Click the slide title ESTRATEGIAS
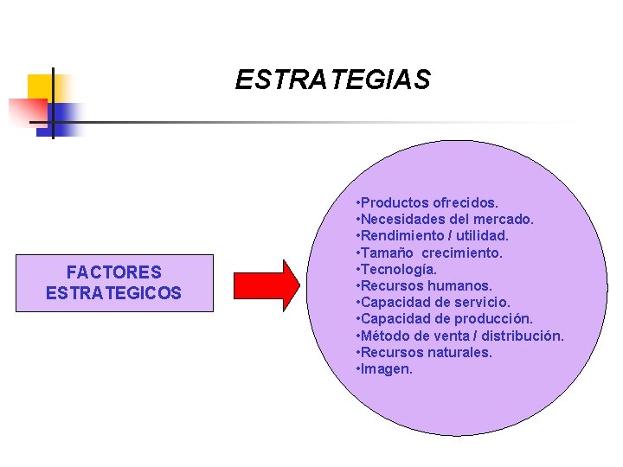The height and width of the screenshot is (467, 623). click(x=332, y=80)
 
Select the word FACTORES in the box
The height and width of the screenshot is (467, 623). click(x=113, y=273)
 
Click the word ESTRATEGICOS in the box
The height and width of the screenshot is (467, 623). click(x=113, y=293)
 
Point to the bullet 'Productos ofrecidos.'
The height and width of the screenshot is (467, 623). click(x=427, y=202)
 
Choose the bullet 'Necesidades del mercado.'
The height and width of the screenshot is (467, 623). click(x=445, y=220)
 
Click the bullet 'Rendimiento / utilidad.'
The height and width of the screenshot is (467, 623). click(x=444, y=236)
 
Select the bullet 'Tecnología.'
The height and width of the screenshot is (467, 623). click(x=402, y=269)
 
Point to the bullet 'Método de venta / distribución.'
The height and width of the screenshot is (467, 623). click(x=459, y=336)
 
